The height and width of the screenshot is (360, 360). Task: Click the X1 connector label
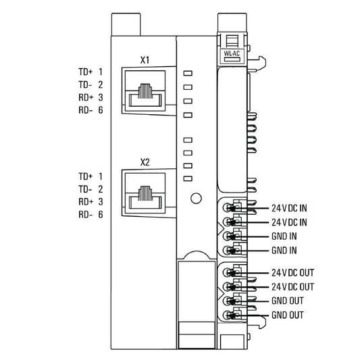pyautogui.click(x=145, y=59)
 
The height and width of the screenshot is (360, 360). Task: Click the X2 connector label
pyautogui.click(x=145, y=162)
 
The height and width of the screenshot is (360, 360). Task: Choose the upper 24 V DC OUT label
pyautogui.click(x=292, y=273)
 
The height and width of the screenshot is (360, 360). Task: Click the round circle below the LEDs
pyautogui.click(x=196, y=199)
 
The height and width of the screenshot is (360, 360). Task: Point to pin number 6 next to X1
pyautogui.click(x=100, y=110)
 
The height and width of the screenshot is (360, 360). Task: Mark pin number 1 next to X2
pyautogui.click(x=100, y=176)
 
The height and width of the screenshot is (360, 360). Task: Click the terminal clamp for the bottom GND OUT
pyautogui.click(x=232, y=315)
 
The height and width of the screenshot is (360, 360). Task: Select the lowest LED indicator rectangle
pyautogui.click(x=188, y=178)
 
